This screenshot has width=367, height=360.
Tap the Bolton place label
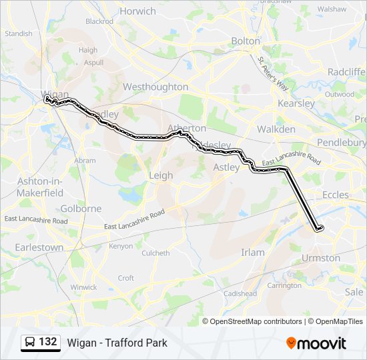tap(245, 41)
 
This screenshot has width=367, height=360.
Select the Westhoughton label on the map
tap(155, 87)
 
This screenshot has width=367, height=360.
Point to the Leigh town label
tap(160, 175)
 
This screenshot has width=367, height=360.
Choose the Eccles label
tap(335, 195)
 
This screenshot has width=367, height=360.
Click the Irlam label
tap(253, 253)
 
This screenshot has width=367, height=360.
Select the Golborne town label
tap(81, 209)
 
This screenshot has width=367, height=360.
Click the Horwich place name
tap(138, 11)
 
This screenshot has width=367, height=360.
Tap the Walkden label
tap(276, 129)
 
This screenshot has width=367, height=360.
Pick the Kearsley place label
tap(296, 103)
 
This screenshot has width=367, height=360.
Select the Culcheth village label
tap(155, 253)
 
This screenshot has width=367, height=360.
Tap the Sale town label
tap(354, 292)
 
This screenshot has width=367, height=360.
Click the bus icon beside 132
tap(29, 343)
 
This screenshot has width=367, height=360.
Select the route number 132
tap(47, 342)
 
